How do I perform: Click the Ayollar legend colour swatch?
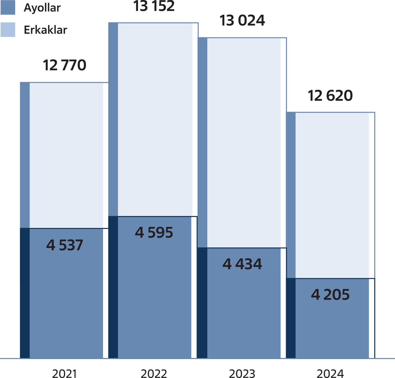[x=8, y=7]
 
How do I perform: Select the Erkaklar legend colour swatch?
[x=8, y=30]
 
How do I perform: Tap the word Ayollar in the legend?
[x=42, y=8]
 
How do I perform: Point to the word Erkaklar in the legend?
[x=45, y=30]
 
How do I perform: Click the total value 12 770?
[x=65, y=65]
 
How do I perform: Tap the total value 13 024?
[x=242, y=21]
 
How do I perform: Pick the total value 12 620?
[x=330, y=96]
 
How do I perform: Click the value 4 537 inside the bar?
[x=65, y=245]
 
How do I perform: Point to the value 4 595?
[x=154, y=233]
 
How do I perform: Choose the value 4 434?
[x=242, y=264]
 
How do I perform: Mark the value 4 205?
[x=330, y=294]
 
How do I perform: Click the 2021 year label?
[x=65, y=374]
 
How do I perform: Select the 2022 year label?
[x=154, y=374]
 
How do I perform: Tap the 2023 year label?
[x=242, y=374]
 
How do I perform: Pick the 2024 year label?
[x=330, y=374]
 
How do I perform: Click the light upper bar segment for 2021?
[x=66, y=155]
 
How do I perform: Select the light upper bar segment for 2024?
[x=332, y=195]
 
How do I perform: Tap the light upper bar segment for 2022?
[x=155, y=119]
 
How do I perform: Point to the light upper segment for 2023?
[x=244, y=142]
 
